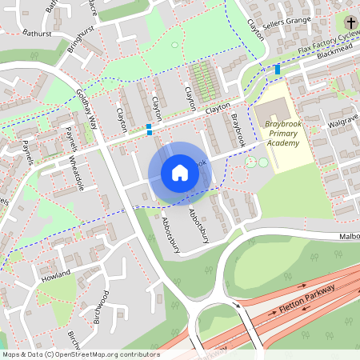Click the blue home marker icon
click(x=180, y=173)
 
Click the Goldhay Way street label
click(x=86, y=110)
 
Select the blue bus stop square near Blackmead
click(x=278, y=70)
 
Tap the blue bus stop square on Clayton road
click(x=149, y=130)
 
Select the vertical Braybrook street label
click(x=235, y=126)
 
